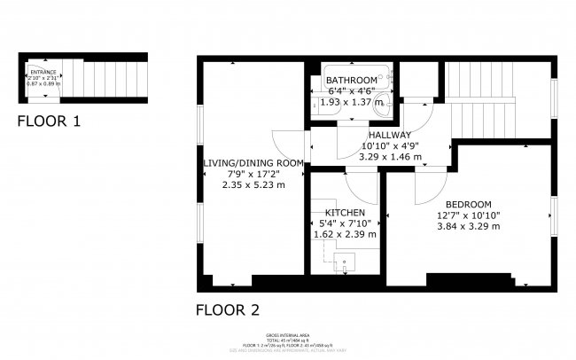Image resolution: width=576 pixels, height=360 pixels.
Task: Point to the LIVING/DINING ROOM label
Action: tap(253, 163)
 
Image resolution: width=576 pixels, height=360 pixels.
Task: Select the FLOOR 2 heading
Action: tap(227, 309)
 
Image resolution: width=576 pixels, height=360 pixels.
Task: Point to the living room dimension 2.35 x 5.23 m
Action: tap(253, 184)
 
